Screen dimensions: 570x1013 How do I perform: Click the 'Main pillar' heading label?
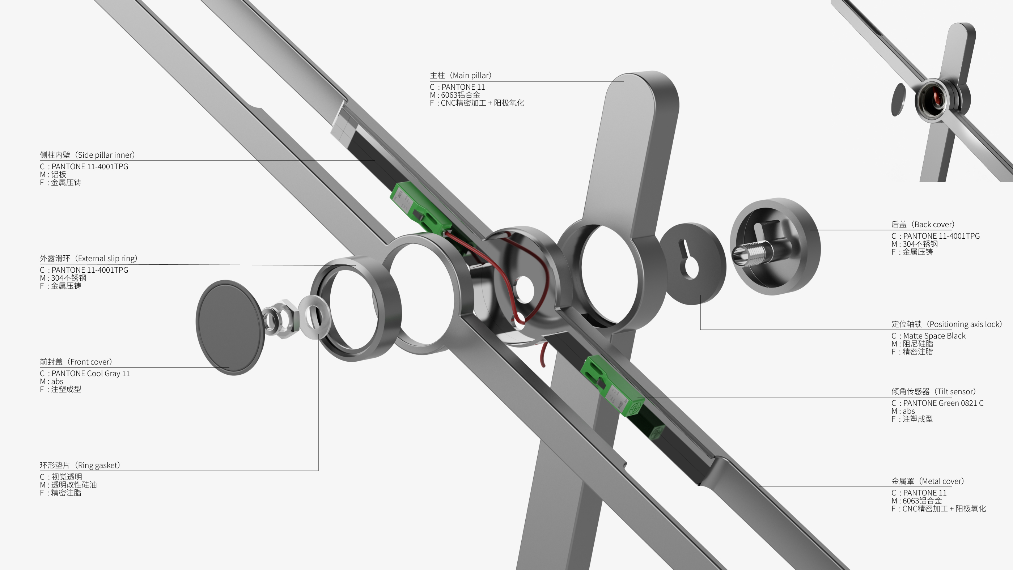coord(461,75)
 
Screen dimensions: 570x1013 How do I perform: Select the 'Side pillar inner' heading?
coord(87,155)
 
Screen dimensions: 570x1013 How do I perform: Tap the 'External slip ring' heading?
coord(89,258)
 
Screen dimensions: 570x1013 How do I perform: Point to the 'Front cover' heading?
coord(76,362)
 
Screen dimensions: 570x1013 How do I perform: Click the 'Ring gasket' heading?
coord(80,465)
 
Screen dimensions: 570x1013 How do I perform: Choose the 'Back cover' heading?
coord(923,225)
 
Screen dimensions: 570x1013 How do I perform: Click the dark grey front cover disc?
coord(230,327)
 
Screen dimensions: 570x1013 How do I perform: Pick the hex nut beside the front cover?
coord(280,318)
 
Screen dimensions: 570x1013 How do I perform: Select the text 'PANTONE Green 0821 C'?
coord(943,403)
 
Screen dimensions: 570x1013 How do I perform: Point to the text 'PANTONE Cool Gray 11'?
coord(90,374)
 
